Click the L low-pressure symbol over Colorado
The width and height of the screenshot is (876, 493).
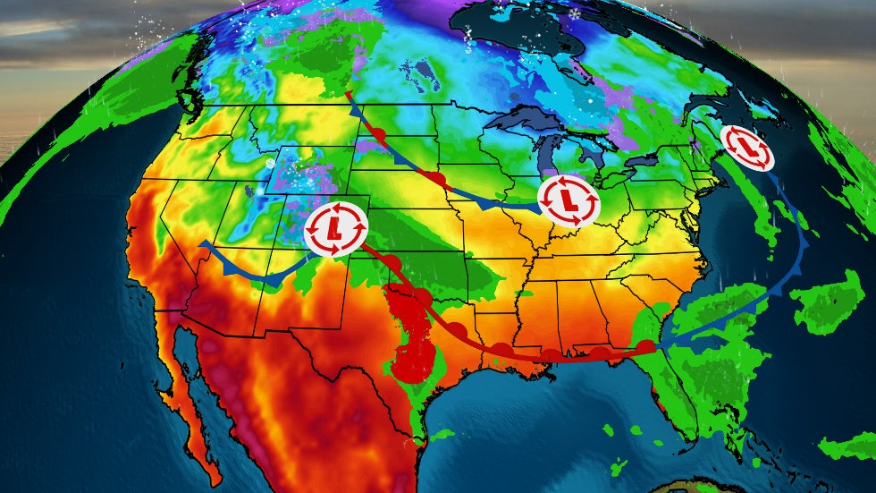pos(335,230)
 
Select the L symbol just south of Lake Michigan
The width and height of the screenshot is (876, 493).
pos(569,200)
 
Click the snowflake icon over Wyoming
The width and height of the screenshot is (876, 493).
pos(270,164)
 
